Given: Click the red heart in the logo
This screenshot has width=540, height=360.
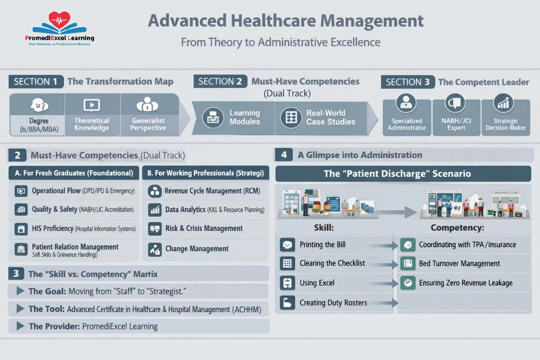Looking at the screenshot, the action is [59, 20].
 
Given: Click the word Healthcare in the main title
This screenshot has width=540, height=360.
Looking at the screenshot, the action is [274, 21].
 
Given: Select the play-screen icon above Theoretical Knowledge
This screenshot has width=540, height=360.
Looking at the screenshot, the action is [92, 105].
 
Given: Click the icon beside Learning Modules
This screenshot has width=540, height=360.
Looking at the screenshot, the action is [213, 118].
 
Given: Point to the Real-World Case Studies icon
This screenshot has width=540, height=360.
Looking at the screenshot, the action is [291, 118].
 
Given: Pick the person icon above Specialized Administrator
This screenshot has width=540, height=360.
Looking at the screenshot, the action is [406, 103].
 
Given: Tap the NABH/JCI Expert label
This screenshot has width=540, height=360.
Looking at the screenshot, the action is [456, 124].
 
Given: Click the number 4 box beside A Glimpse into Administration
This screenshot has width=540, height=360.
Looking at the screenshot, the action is [284, 155].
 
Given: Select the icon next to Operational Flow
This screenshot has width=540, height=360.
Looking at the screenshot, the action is [21, 191].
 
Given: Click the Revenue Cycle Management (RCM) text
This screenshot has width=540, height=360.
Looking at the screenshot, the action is [212, 191].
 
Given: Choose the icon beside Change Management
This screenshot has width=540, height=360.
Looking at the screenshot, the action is [155, 249].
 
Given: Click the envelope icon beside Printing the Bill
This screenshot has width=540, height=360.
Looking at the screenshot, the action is [287, 245].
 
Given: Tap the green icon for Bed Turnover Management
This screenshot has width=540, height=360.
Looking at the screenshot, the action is [408, 264].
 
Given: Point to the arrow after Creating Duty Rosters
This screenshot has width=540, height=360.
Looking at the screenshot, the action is [383, 303].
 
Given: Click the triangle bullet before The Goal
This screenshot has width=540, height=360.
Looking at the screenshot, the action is [20, 291].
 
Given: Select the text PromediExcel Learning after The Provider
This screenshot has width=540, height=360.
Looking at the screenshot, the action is [120, 327].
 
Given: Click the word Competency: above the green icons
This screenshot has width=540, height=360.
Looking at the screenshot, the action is [457, 227].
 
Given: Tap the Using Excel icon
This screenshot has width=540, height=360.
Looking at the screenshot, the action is [287, 283].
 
